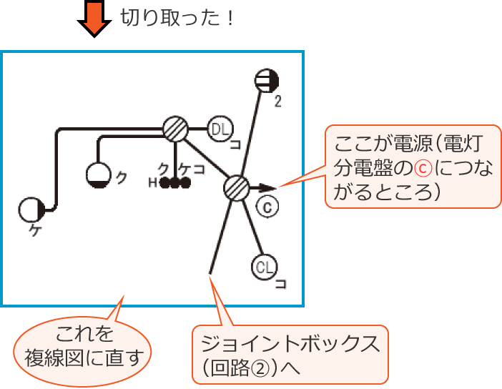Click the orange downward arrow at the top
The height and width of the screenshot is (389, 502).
pos(94,20)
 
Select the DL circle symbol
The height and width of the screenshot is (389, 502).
pos(220,129)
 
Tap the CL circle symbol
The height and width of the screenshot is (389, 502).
pos(265,268)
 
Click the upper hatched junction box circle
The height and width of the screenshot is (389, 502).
pos(174,129)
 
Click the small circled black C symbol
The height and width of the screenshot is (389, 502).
pos(265,207)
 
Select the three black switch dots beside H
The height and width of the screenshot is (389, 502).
pos(174,182)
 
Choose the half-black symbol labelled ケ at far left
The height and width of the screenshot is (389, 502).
pos(31,210)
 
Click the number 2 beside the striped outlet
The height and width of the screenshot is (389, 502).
pos(277,102)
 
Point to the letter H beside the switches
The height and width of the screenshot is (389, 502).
pos(152,182)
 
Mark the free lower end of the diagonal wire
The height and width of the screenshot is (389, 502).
pos(211,272)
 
